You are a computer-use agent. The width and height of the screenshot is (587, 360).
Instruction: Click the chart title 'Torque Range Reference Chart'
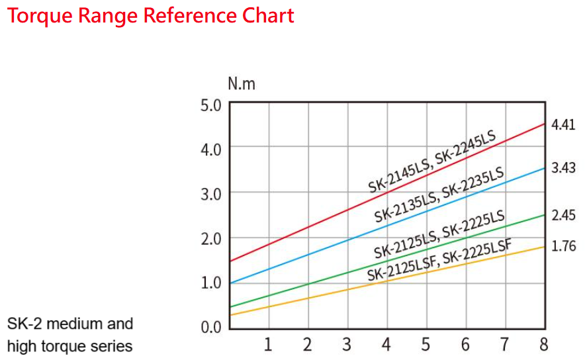(x=150, y=15)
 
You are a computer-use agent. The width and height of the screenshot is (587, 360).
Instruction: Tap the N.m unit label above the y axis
(x=241, y=84)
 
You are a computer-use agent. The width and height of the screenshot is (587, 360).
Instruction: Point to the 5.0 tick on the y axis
(x=210, y=105)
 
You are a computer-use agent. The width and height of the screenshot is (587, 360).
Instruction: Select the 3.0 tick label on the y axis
(x=210, y=193)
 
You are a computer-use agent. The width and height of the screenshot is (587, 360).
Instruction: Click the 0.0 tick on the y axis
(x=210, y=327)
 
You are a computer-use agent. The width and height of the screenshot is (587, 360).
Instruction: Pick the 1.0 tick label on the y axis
(x=210, y=283)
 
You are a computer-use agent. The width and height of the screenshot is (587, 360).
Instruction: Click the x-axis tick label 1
(x=268, y=344)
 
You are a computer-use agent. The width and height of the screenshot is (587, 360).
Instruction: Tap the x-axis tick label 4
(x=386, y=344)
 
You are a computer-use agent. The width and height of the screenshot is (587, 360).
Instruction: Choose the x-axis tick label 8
(x=543, y=344)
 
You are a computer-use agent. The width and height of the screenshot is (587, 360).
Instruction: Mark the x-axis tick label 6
(x=465, y=344)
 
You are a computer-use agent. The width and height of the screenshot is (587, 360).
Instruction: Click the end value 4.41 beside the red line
(x=563, y=124)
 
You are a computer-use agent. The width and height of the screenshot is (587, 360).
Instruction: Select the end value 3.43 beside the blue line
(x=563, y=168)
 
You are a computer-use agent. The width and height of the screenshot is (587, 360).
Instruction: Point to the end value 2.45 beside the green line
(x=563, y=215)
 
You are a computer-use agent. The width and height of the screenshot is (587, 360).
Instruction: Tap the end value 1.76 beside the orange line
(x=563, y=246)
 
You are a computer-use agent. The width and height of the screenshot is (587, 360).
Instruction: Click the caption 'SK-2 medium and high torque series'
(x=70, y=334)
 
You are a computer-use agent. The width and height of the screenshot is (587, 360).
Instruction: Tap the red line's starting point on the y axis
(x=229, y=261)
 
